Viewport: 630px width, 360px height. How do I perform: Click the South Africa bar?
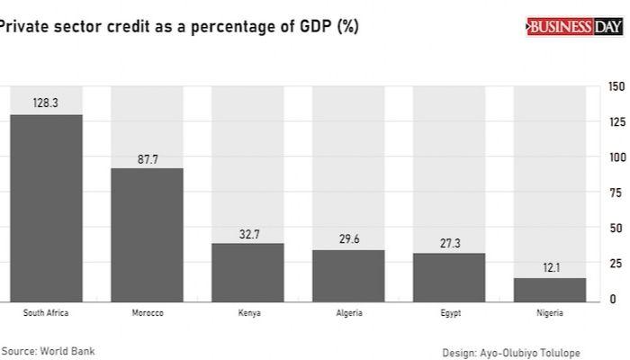(46, 208)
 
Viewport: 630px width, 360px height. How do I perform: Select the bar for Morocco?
(147, 235)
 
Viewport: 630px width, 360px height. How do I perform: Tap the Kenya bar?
(247, 272)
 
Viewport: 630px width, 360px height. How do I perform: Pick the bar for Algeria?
(348, 275)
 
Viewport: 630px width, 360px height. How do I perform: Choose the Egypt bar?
(449, 277)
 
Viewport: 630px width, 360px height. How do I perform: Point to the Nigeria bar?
(550, 290)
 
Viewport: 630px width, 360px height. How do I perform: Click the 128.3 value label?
(46, 103)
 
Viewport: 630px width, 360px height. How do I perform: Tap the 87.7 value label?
(147, 158)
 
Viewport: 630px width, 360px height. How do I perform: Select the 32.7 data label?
(247, 233)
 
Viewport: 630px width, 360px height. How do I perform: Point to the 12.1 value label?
(550, 268)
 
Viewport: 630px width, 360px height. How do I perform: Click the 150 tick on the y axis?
(616, 86)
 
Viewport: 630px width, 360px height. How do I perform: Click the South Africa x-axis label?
(46, 313)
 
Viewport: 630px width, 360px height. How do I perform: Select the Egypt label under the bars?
(449, 313)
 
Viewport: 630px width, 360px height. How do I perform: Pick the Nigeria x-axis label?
(550, 313)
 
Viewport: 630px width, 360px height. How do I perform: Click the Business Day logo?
(574, 28)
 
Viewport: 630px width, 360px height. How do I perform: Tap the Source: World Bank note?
(48, 351)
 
